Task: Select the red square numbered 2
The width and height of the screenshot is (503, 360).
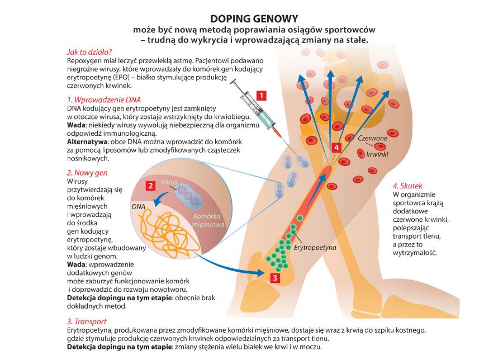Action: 150,186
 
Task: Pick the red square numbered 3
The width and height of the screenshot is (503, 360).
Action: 274,277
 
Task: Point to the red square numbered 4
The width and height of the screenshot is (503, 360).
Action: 336,147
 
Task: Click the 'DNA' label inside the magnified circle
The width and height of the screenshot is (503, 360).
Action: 137,206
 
